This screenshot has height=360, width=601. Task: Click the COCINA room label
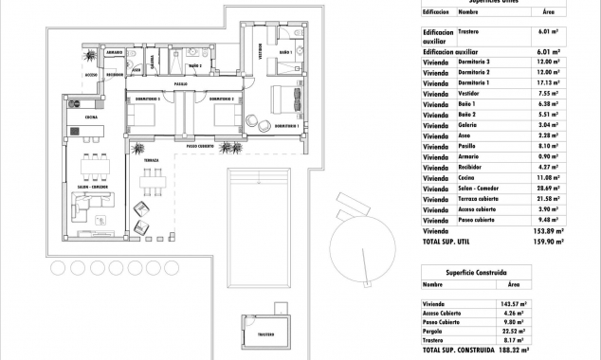pyautogui.click(x=90, y=117)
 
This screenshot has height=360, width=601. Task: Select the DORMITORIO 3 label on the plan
pyautogui.click(x=145, y=99)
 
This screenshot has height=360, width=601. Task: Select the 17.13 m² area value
pyautogui.click(x=549, y=82)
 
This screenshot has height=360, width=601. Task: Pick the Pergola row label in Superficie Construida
pyautogui.click(x=435, y=330)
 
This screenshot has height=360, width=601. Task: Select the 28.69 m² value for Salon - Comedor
pyautogui.click(x=548, y=188)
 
